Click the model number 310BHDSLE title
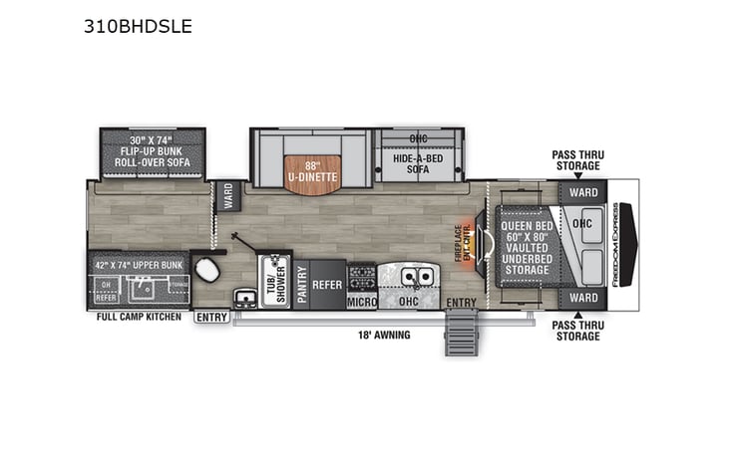pos(139,27)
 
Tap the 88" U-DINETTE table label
pos(312,172)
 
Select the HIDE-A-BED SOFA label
pos(418,163)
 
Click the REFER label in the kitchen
pos(326,283)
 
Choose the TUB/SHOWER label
pos(272,281)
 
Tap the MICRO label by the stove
pos(360,300)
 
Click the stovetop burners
pos(360,274)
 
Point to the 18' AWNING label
pos(386,335)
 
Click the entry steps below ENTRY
pos(462,332)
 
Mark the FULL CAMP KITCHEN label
pos(139,317)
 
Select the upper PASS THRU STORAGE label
pos(578,160)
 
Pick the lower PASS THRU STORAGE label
pos(578,331)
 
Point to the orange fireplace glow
pos(465,229)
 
